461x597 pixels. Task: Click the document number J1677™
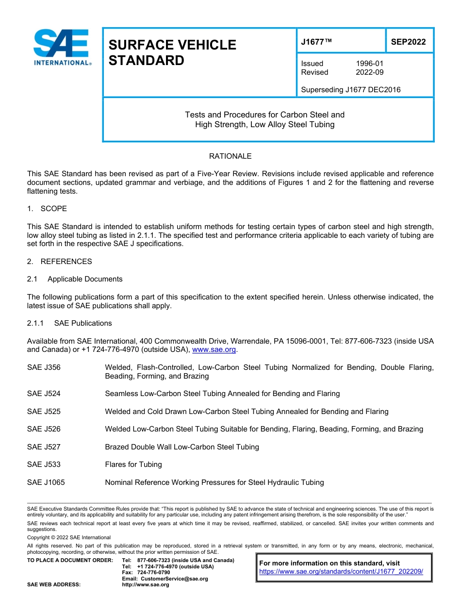coord(316,42)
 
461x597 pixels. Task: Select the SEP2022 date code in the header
coord(408,42)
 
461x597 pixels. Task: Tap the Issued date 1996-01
coord(369,64)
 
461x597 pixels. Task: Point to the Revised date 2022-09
coord(369,72)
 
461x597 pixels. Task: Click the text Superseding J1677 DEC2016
coord(350,90)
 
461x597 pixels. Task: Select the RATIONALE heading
coord(230,156)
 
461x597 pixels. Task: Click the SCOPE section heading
coord(53,209)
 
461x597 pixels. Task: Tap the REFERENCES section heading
coord(66,262)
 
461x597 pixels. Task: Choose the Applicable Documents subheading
coord(85,279)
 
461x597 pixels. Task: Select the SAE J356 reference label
coord(44,367)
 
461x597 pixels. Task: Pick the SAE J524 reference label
coord(44,394)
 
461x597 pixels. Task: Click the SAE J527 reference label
coord(44,447)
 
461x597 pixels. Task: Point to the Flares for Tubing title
coord(133,464)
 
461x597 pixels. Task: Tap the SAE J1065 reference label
coord(46,482)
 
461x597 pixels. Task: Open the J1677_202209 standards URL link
coord(341,572)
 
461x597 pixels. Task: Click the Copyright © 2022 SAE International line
coord(69,537)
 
